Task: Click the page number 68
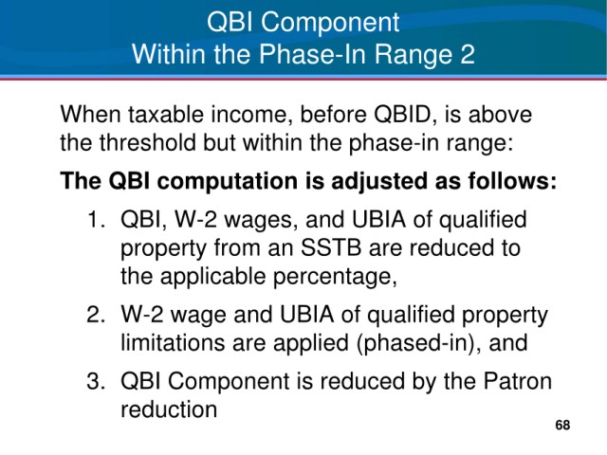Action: click(562, 425)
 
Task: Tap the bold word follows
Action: click(512, 181)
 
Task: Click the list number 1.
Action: click(95, 219)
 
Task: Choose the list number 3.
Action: click(96, 381)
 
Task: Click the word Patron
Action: click(517, 381)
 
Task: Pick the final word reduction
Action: click(169, 409)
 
